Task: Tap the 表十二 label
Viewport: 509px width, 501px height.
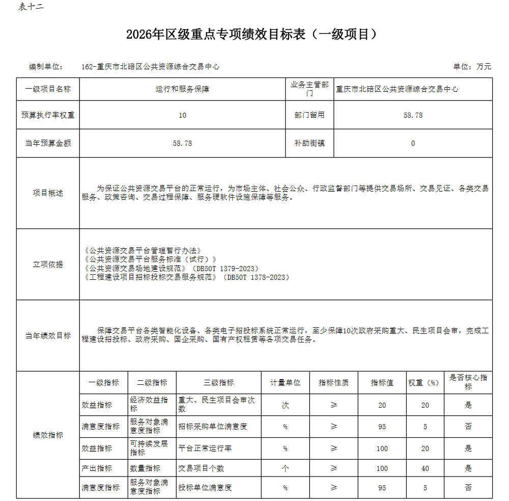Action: [x=31, y=7]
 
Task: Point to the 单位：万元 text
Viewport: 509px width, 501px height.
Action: [x=472, y=67]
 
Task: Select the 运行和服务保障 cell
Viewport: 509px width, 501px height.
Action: [x=182, y=89]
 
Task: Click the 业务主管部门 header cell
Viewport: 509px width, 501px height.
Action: [x=309, y=89]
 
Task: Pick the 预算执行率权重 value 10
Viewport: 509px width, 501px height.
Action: [x=182, y=115]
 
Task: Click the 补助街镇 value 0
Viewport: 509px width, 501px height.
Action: [x=413, y=144]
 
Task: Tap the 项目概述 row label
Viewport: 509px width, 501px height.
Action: [x=48, y=193]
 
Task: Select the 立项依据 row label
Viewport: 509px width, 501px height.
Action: [x=48, y=265]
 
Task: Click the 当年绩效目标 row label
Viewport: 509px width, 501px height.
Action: [x=48, y=336]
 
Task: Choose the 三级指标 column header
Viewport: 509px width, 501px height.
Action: [x=219, y=383]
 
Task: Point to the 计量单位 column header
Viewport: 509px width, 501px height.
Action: [x=285, y=383]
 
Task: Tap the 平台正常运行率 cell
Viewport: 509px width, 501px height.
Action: [x=205, y=449]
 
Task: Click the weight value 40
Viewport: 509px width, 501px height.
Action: [x=425, y=468]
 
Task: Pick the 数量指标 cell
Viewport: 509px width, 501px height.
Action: [x=145, y=468]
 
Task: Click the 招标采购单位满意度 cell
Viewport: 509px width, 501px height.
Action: [x=212, y=427]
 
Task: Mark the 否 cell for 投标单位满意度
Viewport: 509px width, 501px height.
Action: [x=468, y=488]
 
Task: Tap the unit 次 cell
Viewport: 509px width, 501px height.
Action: [x=285, y=405]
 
